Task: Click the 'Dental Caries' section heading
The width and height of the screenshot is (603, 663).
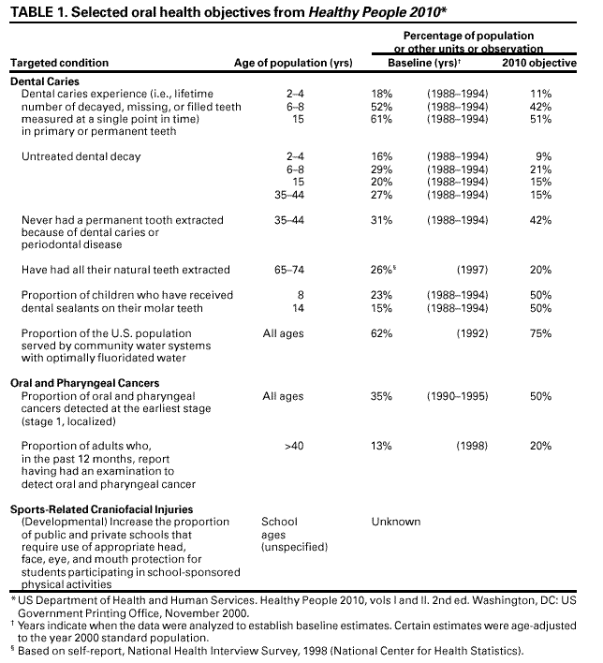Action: tap(44, 82)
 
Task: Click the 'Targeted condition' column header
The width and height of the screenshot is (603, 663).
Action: tap(59, 63)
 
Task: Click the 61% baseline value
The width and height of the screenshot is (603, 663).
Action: tap(381, 119)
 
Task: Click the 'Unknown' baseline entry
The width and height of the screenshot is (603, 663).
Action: tap(396, 522)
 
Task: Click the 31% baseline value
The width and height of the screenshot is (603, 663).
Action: tap(381, 220)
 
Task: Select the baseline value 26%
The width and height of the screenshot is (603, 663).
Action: tap(383, 270)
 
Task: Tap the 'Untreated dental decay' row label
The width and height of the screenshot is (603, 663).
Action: tap(81, 156)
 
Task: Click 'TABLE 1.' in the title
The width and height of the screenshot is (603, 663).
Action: tap(39, 11)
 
